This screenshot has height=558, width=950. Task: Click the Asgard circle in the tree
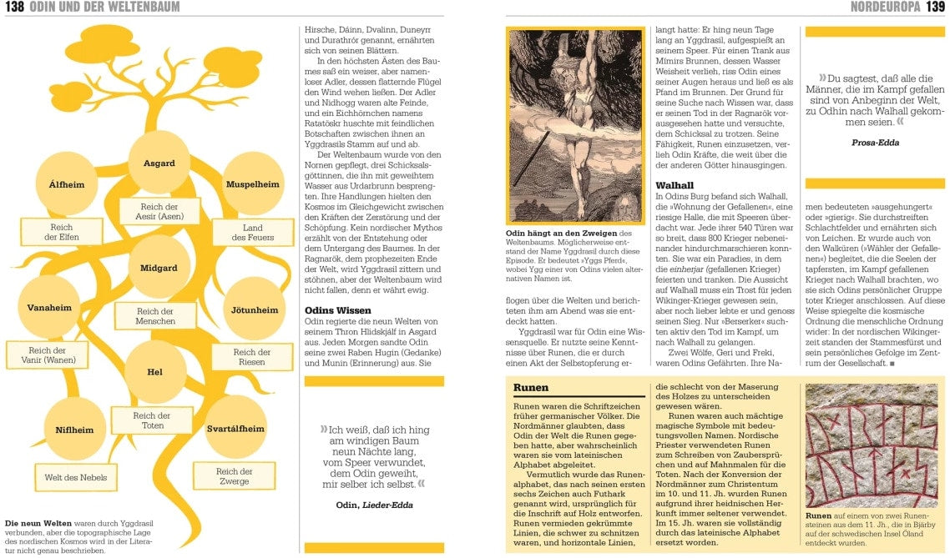click(159, 163)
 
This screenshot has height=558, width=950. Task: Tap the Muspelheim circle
click(253, 183)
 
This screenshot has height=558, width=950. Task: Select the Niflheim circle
click(74, 430)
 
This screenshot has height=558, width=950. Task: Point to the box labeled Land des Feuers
click(253, 233)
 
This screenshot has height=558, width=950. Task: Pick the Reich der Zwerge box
click(234, 476)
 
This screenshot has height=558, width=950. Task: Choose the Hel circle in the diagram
click(155, 372)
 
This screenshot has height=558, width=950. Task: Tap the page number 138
click(13, 8)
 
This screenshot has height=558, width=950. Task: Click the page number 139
click(935, 8)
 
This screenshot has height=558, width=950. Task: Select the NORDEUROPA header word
click(885, 8)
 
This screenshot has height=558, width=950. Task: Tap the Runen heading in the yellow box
click(531, 388)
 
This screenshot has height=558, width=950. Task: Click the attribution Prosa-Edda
click(875, 143)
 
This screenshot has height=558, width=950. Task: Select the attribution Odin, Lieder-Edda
click(374, 505)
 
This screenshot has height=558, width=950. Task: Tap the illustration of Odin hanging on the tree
click(575, 125)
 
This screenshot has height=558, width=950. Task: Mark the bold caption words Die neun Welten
click(38, 524)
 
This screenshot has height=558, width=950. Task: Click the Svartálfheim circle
click(235, 429)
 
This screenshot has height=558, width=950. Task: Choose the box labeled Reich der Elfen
click(62, 232)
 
